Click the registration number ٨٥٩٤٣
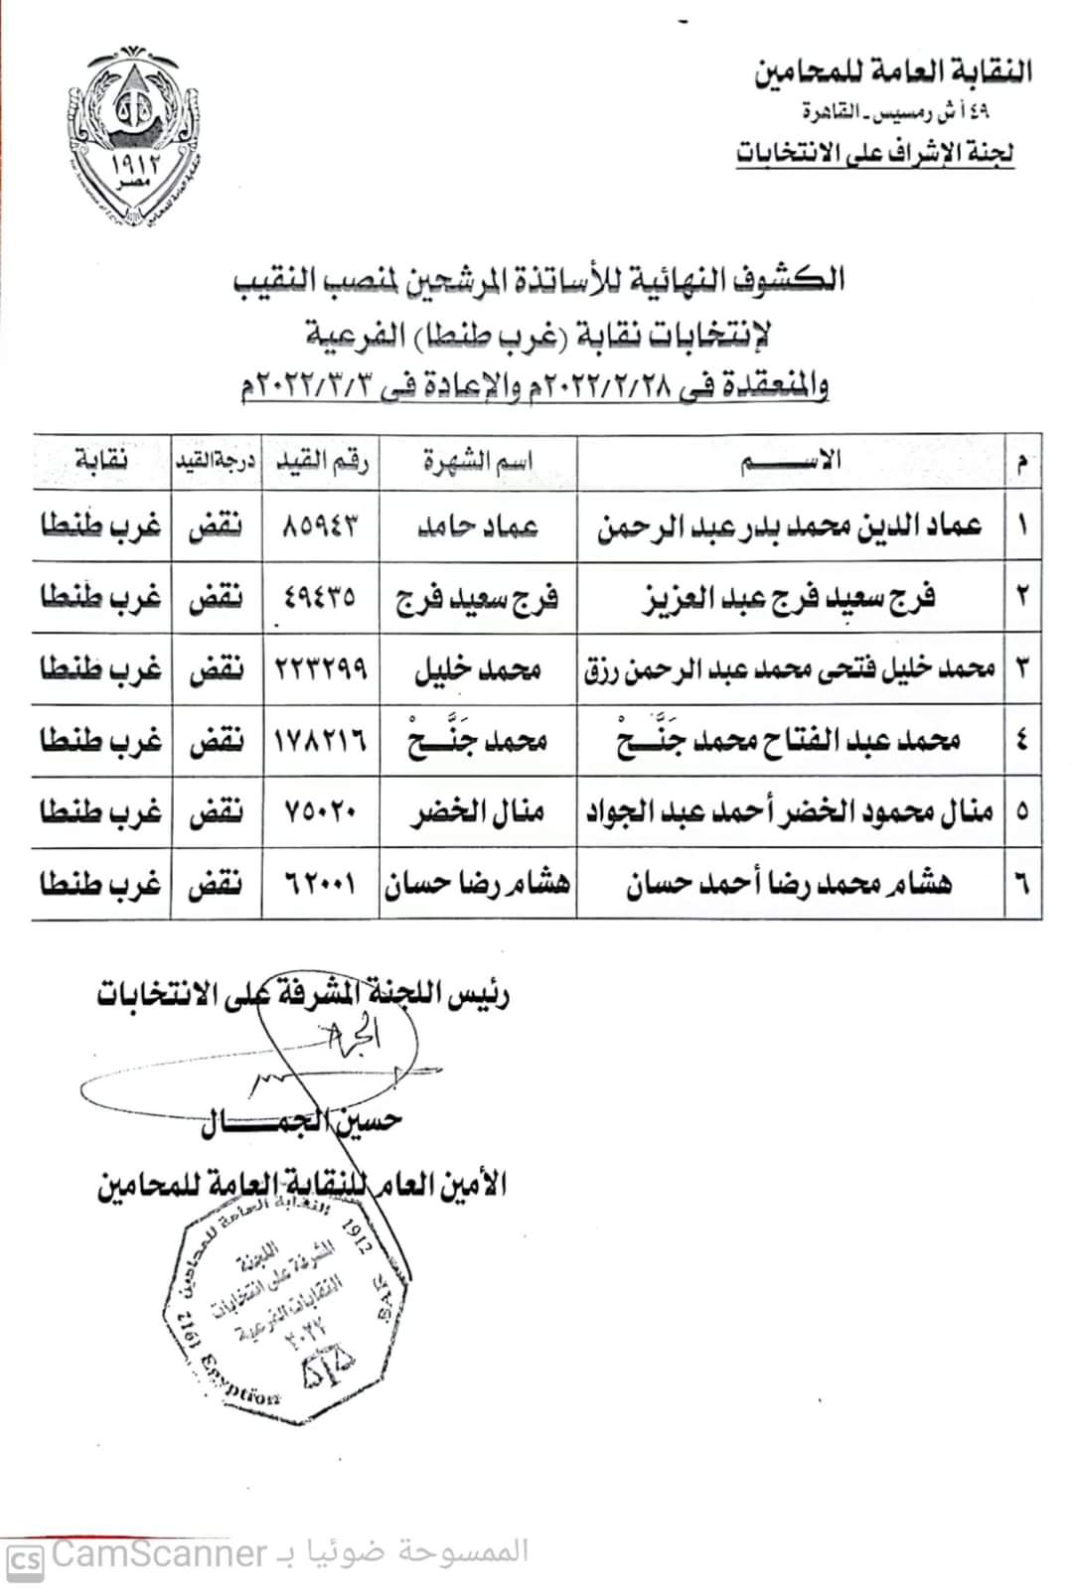[x=320, y=525]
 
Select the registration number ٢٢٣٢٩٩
[x=320, y=668]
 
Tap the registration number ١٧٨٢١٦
[x=320, y=741]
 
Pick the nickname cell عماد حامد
[x=477, y=525]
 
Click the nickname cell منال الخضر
[x=477, y=812]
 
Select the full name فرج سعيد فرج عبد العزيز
[x=790, y=598]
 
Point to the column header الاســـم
[x=790, y=460]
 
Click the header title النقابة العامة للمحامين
[x=892, y=72]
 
